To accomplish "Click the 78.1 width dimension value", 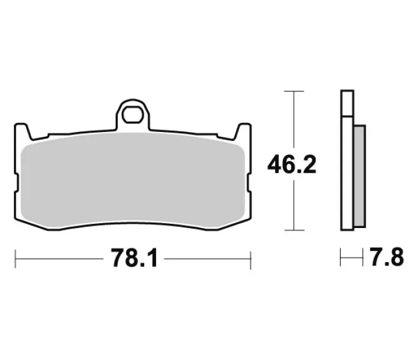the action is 135,258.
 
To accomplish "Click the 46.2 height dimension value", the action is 292,165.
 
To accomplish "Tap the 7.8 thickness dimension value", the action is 387,257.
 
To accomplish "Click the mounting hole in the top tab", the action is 133,114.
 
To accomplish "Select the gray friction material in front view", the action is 133,181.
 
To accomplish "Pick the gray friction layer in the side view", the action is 360,176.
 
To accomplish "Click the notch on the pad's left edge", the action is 16,182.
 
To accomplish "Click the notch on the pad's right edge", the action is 249,182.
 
